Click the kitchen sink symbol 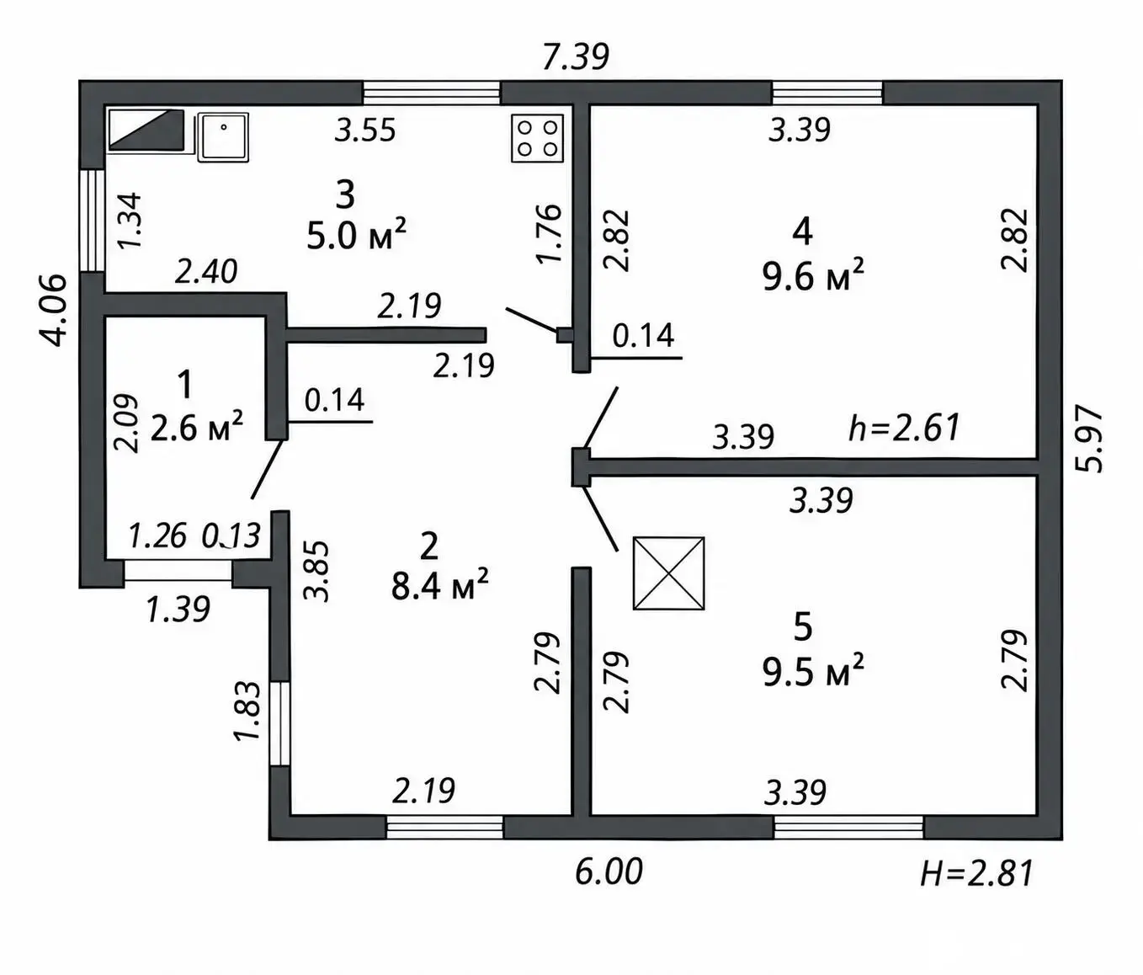[x=223, y=138]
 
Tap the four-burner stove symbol [x=537, y=138]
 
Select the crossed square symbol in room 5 [x=668, y=573]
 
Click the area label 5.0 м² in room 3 [x=357, y=234]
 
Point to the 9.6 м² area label [x=813, y=274]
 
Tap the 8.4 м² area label [x=439, y=584]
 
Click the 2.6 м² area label [x=196, y=426]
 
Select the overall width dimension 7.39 [x=576, y=56]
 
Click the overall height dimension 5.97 [x=1088, y=439]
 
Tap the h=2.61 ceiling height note [x=904, y=428]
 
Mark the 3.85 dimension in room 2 [x=316, y=571]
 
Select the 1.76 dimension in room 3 [x=549, y=233]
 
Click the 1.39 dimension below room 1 [x=178, y=609]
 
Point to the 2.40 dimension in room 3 [x=205, y=272]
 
